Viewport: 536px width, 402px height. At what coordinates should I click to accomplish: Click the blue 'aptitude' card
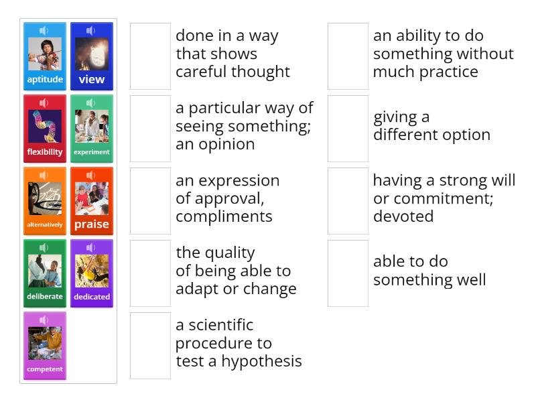[x=45, y=56]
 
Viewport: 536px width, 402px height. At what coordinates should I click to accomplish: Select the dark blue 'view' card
[x=92, y=56]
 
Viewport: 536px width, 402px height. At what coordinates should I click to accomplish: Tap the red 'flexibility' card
[x=45, y=129]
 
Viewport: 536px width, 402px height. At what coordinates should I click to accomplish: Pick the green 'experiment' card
[x=92, y=129]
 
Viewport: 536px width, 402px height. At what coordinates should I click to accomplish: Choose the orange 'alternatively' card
[x=45, y=201]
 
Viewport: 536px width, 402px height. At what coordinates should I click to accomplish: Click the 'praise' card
[x=92, y=201]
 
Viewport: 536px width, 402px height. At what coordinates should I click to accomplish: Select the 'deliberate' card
[x=45, y=273]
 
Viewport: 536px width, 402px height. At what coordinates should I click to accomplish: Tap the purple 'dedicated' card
[x=92, y=273]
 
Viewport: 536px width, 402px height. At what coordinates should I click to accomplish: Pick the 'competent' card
[x=45, y=346]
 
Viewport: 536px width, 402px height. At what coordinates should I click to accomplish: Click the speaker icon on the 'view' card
[x=91, y=31]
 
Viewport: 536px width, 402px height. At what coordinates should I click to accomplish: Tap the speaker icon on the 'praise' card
[x=91, y=176]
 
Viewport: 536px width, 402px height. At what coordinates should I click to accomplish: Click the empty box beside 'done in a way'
[x=150, y=56]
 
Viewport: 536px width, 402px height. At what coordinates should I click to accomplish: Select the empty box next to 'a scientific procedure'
[x=150, y=346]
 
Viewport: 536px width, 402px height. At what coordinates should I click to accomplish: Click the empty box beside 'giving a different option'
[x=348, y=129]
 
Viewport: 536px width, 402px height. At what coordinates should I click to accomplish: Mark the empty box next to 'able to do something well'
[x=348, y=273]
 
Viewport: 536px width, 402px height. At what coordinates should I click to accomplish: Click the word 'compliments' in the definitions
[x=224, y=216]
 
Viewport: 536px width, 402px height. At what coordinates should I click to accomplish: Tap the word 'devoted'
[x=403, y=216]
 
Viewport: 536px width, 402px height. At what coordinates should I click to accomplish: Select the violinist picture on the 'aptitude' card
[x=45, y=54]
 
